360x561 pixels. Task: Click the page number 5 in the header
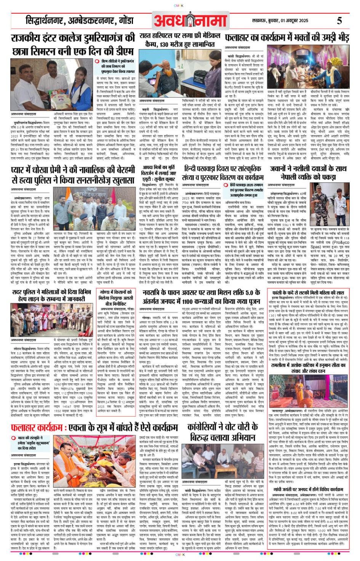[339, 21]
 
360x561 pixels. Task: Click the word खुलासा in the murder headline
[117, 180]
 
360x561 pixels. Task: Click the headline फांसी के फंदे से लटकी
[308, 292]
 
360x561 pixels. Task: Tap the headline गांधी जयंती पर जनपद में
[308, 489]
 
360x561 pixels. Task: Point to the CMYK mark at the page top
[179, 6]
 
